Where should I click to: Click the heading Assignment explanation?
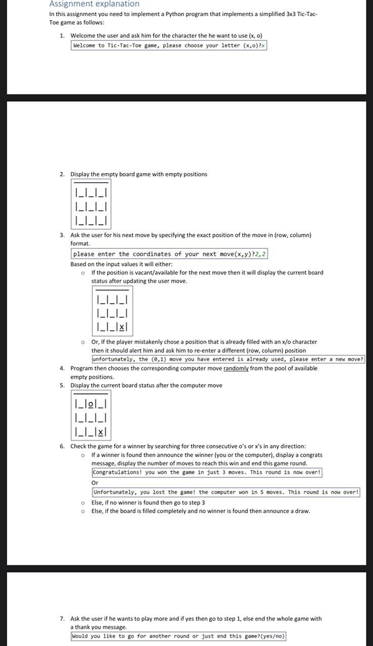[x=94, y=4]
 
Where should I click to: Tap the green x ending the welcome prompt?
[x=263, y=45]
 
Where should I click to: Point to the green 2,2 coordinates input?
[x=260, y=254]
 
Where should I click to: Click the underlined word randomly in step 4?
[x=236, y=368]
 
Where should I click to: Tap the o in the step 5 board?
[x=91, y=404]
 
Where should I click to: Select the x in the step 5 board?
[x=101, y=432]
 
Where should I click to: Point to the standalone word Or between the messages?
[x=95, y=482]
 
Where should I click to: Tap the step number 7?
[x=62, y=618]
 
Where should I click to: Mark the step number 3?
[x=62, y=235]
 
